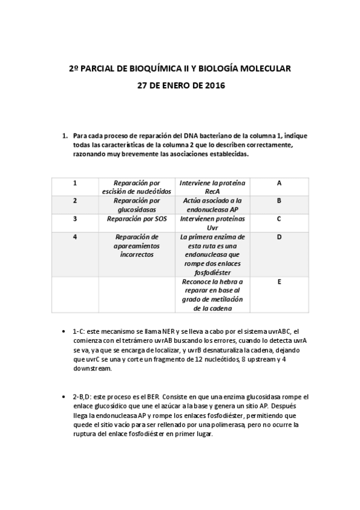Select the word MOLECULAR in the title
263,69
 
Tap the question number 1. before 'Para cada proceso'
66,136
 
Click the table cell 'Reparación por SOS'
136,219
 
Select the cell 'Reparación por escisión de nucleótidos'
136,187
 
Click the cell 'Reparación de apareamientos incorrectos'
136,245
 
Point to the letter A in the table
279,183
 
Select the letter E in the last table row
279,281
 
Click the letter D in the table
279,237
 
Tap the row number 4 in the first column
75,237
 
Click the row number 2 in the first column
75,201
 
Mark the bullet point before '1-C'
64,331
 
